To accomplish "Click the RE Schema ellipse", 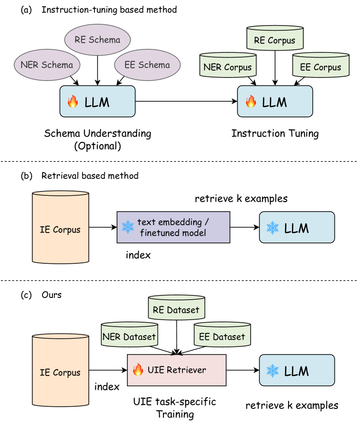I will tap(97, 40).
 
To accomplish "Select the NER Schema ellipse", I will tap(47, 65).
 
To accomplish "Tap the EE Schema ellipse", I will tap(147, 65).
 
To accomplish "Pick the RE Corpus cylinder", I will tap(275, 39).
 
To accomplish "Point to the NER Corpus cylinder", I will tap(228, 66).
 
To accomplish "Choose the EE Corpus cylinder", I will tap(321, 66).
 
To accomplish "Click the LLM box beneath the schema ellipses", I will tap(97, 101).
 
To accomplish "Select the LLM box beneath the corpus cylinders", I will tap(275, 101).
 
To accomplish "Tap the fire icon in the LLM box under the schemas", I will tap(73, 102).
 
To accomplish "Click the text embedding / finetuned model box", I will tap(173, 227).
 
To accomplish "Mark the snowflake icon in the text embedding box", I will tap(128, 227).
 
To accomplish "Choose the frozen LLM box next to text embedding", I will tap(297, 227).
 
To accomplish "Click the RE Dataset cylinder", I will tap(176, 308).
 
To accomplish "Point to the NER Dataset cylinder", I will tap(129, 335).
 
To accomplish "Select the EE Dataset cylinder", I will tap(222, 335).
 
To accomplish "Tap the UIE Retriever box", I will tap(177, 370).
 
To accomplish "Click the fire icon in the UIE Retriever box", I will tap(138, 370).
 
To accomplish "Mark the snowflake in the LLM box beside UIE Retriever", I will tap(272, 371).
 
